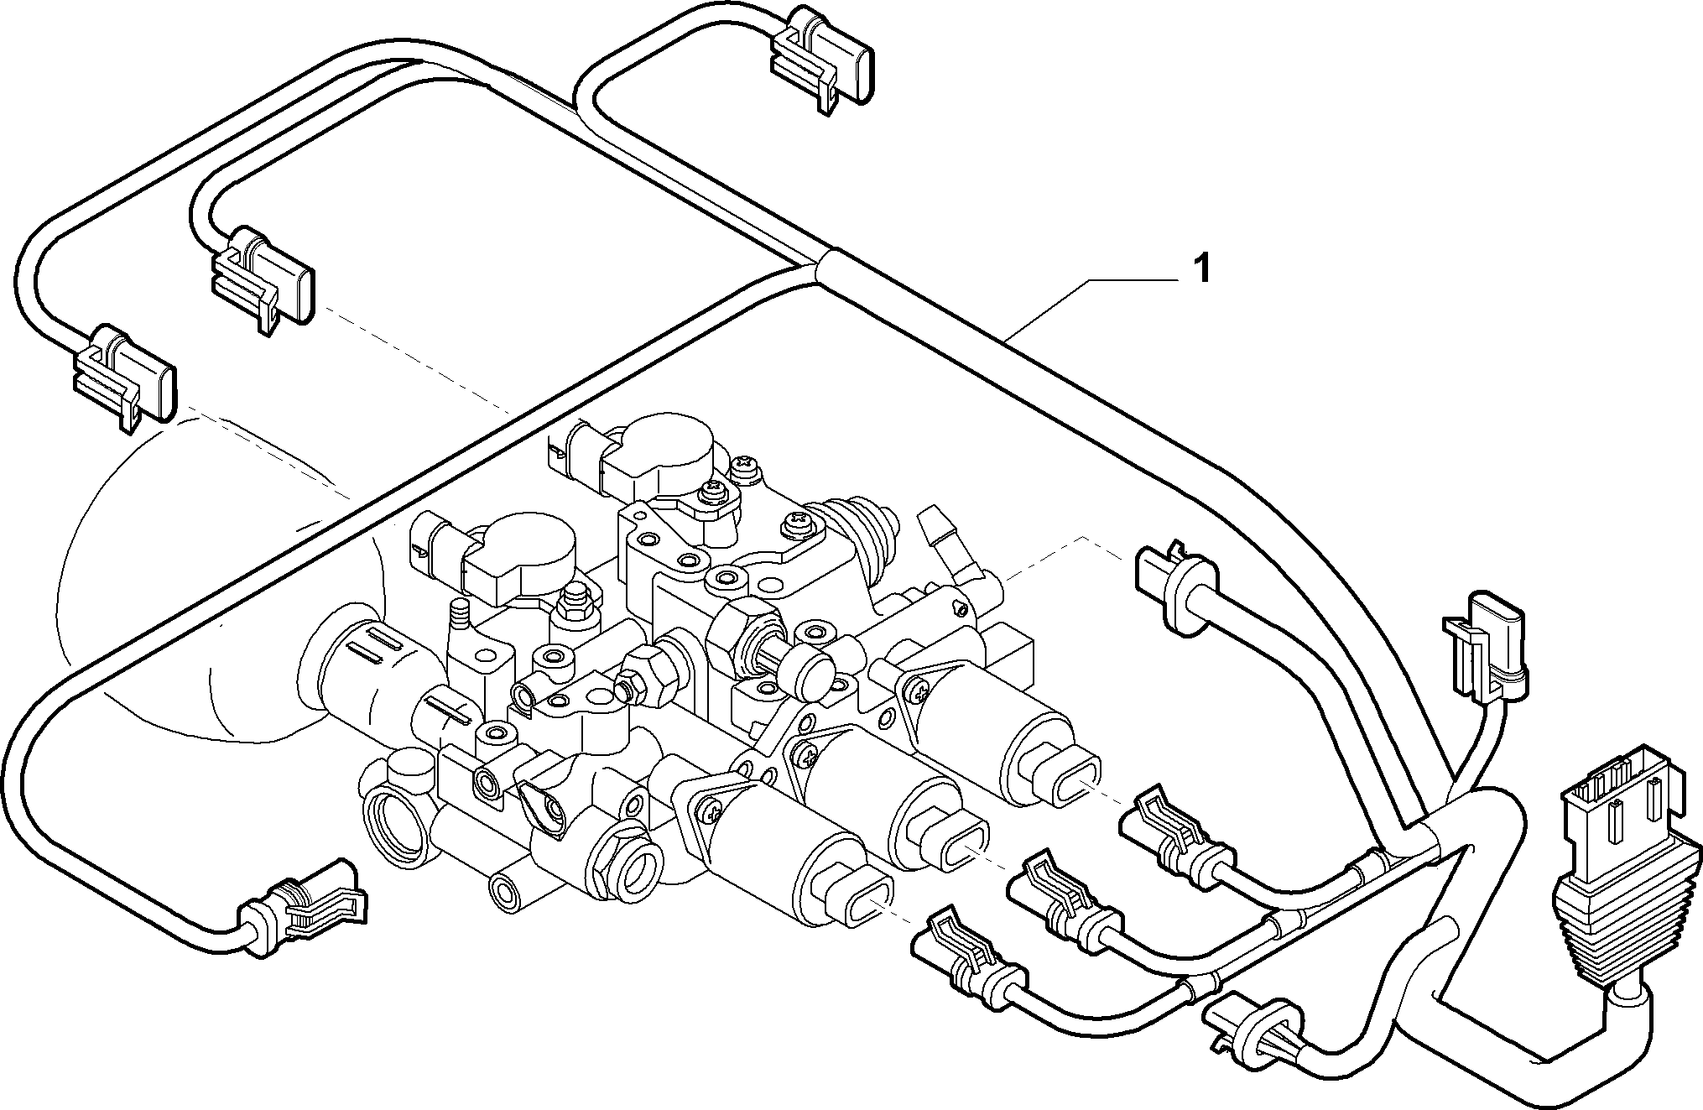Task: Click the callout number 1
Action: pyautogui.click(x=1201, y=268)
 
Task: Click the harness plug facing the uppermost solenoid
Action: pyautogui.click(x=1174, y=838)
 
